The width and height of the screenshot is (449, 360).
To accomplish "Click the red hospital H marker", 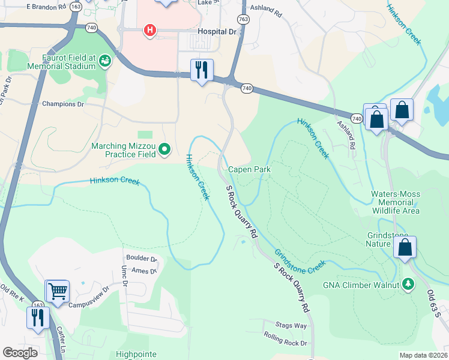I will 149,30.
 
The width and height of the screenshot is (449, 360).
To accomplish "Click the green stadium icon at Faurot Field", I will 105,61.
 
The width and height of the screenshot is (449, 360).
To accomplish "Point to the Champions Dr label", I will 62,104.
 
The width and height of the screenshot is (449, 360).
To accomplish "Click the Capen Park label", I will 249,170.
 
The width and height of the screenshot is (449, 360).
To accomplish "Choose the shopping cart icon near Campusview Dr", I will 58,291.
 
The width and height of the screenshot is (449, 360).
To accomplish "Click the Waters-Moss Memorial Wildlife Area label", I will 395,202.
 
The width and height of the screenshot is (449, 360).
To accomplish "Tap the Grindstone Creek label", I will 300,260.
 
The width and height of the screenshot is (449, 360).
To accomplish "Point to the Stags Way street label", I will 293,326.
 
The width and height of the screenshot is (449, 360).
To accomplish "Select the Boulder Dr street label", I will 141,259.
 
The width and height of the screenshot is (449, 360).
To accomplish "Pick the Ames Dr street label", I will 143,271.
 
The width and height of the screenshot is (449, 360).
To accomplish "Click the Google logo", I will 20,353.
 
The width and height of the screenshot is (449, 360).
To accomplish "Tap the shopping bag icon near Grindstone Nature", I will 405,247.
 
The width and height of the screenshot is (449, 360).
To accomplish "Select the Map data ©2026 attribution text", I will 423,355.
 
